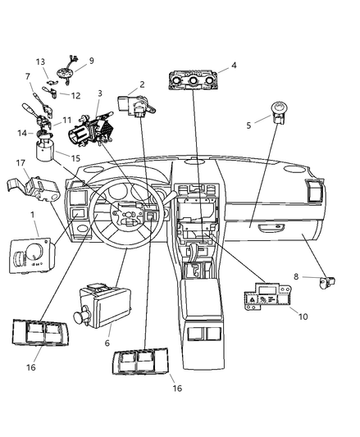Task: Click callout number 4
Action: pyautogui.click(x=234, y=66)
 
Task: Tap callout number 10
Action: pyautogui.click(x=303, y=316)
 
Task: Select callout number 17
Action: pyautogui.click(x=21, y=163)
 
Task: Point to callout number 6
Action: pyautogui.click(x=107, y=343)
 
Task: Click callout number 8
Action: pyautogui.click(x=296, y=276)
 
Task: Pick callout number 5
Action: pyautogui.click(x=248, y=125)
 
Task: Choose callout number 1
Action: pyautogui.click(x=33, y=215)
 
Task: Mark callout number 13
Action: pyautogui.click(x=40, y=61)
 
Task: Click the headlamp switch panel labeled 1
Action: pyautogui.click(x=33, y=255)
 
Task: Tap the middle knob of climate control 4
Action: pyautogui.click(x=193, y=81)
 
